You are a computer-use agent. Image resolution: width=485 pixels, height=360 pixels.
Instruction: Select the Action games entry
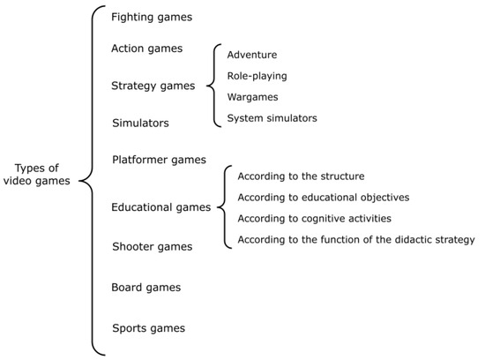(147, 49)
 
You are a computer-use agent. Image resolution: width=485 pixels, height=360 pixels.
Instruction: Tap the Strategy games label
(153, 86)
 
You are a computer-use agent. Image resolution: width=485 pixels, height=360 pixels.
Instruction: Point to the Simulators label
(140, 123)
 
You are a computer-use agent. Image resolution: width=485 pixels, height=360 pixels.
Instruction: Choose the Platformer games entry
(159, 160)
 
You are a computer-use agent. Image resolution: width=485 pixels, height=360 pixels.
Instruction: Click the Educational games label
(160, 207)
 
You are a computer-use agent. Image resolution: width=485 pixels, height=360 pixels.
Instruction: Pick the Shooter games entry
(151, 245)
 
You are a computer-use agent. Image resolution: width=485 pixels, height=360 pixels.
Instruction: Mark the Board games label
(146, 287)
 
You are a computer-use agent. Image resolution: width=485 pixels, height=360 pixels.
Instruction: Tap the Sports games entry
(148, 328)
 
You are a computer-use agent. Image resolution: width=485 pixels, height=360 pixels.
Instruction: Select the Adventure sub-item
(252, 55)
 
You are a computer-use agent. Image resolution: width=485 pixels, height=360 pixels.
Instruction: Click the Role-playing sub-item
(257, 76)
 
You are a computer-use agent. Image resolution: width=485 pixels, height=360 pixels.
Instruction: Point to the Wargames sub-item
(253, 97)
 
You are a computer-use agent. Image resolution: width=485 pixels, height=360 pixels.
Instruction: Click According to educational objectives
(324, 197)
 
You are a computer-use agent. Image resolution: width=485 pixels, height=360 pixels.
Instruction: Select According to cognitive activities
(315, 218)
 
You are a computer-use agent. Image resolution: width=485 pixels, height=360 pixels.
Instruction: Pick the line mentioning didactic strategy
(356, 239)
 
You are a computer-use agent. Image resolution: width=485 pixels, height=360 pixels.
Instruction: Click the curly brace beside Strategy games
(213, 86)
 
